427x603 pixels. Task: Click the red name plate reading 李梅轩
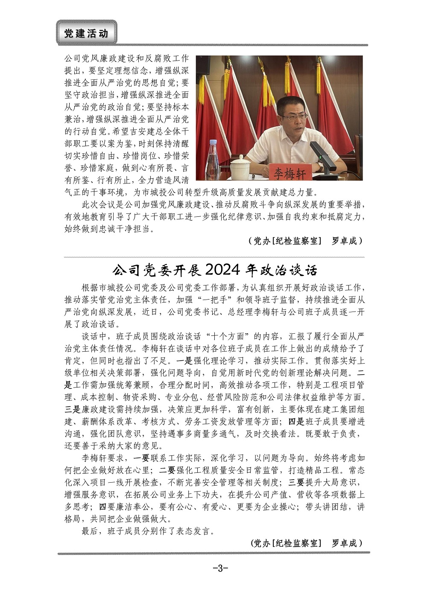pyautogui.click(x=290, y=173)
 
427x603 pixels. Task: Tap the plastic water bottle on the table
pyautogui.click(x=212, y=160)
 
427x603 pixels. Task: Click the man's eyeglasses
pyautogui.click(x=294, y=116)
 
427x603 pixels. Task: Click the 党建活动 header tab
pyautogui.click(x=86, y=33)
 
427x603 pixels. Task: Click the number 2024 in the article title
pyautogui.click(x=224, y=270)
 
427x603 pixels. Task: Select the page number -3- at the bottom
pyautogui.click(x=220, y=568)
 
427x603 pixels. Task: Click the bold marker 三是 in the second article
pyautogui.click(x=73, y=410)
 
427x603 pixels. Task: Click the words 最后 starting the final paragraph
pyautogui.click(x=90, y=531)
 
